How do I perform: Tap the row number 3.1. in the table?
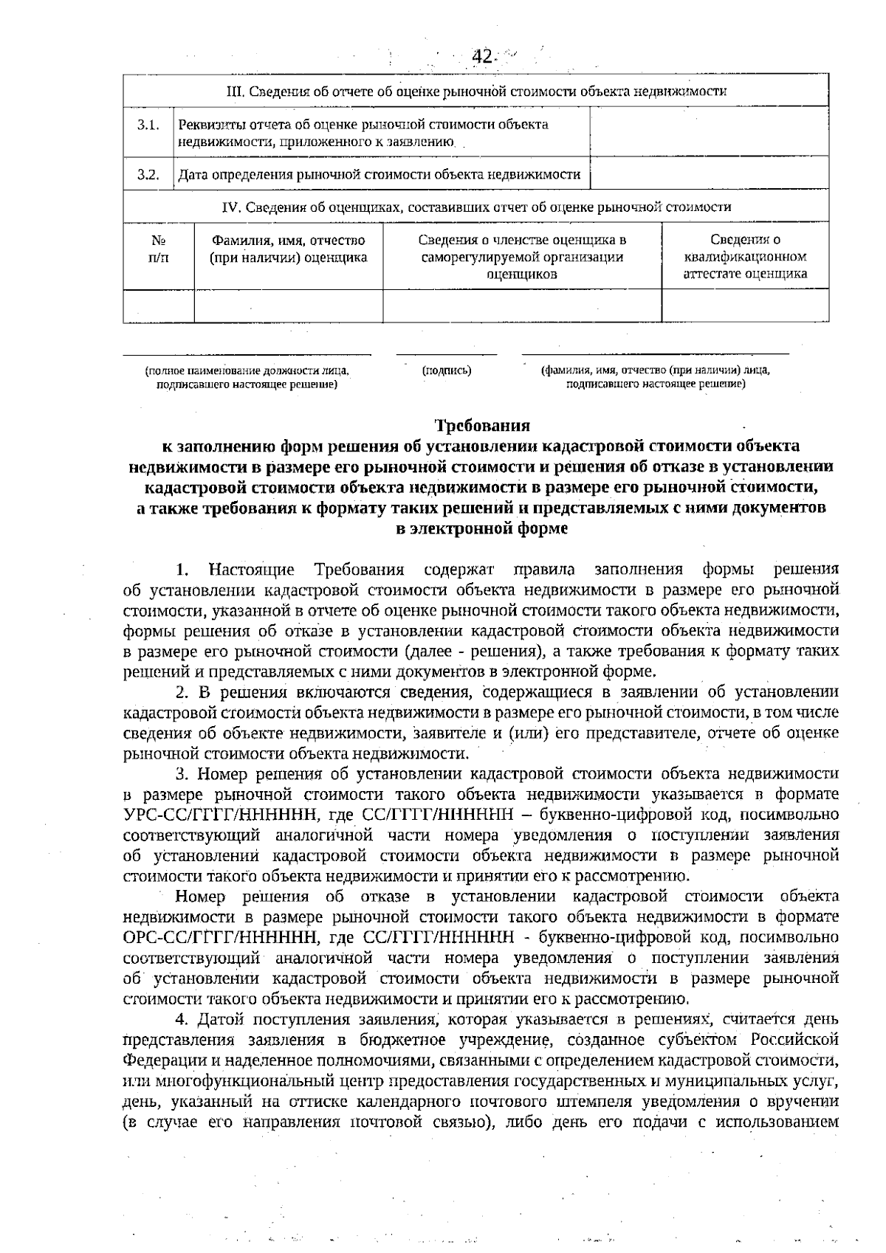point(148,125)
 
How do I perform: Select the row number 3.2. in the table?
point(148,175)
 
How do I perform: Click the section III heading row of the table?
point(475,92)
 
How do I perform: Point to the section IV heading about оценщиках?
point(475,207)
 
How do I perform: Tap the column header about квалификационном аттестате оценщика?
point(744,257)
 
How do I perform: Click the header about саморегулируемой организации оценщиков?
point(521,257)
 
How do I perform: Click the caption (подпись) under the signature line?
point(447,371)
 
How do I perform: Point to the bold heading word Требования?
point(482,426)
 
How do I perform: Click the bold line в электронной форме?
point(482,529)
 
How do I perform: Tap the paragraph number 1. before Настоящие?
point(183,570)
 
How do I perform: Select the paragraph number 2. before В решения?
point(183,692)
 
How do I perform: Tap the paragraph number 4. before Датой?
point(183,1020)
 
